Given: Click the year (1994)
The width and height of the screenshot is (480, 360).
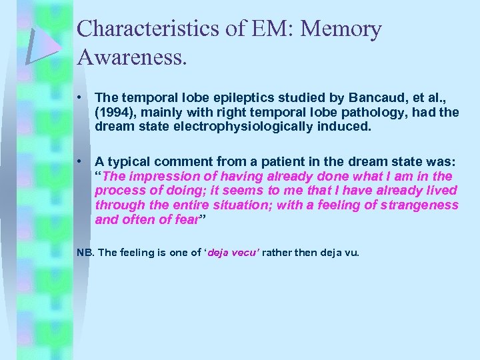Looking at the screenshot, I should coord(114,113).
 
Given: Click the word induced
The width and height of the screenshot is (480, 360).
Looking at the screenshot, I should coord(347,126).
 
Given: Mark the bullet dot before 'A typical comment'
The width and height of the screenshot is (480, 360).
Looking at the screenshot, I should coord(79,161).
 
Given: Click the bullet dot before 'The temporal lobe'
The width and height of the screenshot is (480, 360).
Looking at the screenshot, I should coord(79,98).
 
